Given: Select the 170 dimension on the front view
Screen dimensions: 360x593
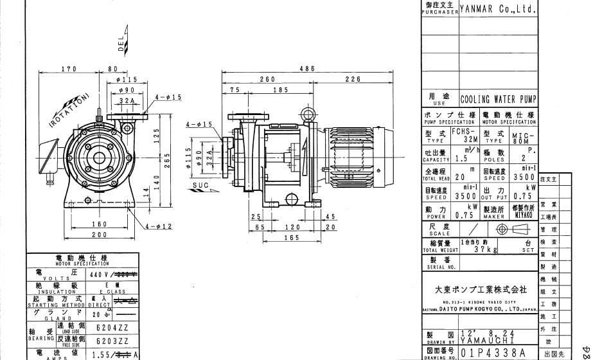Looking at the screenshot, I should point(69,68).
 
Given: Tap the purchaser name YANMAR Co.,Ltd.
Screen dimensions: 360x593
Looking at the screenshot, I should point(499,10).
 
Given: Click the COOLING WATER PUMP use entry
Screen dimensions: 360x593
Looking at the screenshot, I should point(499,100).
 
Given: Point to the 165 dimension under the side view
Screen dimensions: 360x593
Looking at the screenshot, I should point(292,238).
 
